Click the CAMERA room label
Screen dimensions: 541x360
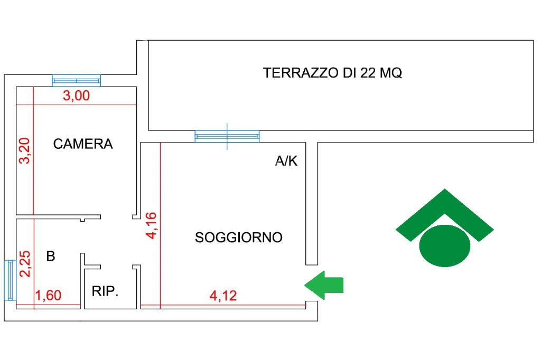click(83, 144)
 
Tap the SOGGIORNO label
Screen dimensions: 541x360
click(239, 237)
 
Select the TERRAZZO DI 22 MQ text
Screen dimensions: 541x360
click(332, 73)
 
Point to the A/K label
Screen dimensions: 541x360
click(286, 160)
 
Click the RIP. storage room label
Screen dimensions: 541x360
click(105, 291)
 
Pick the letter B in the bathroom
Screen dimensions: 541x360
click(51, 256)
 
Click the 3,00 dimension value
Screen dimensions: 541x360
click(76, 96)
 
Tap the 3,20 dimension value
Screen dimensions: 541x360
click(25, 150)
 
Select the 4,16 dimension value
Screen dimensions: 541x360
click(152, 225)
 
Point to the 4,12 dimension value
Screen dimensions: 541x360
click(223, 296)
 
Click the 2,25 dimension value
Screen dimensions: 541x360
click(25, 264)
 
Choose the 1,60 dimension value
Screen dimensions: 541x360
click(49, 296)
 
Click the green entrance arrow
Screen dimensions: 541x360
click(324, 285)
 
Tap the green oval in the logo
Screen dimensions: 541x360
click(445, 245)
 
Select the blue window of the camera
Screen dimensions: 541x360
click(76, 81)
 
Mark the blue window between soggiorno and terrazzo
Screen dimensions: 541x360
click(227, 136)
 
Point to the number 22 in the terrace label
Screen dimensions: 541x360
click(367, 73)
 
